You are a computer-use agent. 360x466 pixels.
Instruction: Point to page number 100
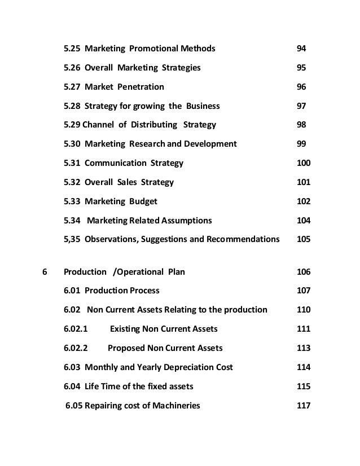[x=304, y=163]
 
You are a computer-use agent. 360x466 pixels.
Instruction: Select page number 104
[x=304, y=220]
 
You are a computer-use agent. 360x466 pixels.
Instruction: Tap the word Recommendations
[x=244, y=239]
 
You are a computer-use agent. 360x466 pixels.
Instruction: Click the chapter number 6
[x=45, y=272]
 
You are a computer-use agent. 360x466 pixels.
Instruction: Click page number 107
[x=304, y=291]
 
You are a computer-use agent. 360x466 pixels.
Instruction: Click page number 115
[x=304, y=386]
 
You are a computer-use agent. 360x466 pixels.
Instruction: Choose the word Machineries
[x=174, y=406]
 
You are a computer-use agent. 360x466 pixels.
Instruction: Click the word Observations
[x=111, y=239]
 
